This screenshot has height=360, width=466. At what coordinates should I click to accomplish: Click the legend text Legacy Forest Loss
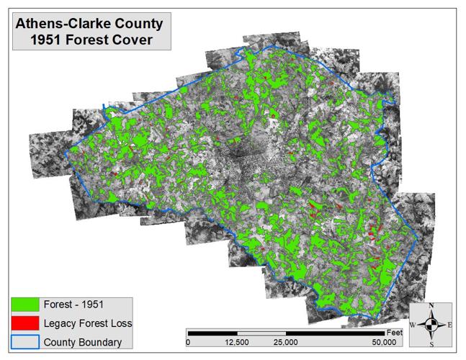pyautogui.click(x=88, y=323)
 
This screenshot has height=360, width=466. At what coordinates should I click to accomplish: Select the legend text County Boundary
pyautogui.click(x=83, y=342)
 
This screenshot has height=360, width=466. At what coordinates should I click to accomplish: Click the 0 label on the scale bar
pyautogui.click(x=188, y=342)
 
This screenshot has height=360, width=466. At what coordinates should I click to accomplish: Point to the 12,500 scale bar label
pyautogui.click(x=237, y=342)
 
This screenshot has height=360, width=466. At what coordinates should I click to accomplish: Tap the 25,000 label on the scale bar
pyautogui.click(x=287, y=342)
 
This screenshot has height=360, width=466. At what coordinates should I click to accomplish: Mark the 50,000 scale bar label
pyautogui.click(x=383, y=342)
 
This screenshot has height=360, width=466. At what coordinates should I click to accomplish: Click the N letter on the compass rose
pyautogui.click(x=431, y=306)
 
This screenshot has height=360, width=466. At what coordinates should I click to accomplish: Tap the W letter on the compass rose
pyautogui.click(x=413, y=325)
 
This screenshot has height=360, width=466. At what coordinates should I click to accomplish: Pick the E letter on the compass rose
pyautogui.click(x=449, y=325)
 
